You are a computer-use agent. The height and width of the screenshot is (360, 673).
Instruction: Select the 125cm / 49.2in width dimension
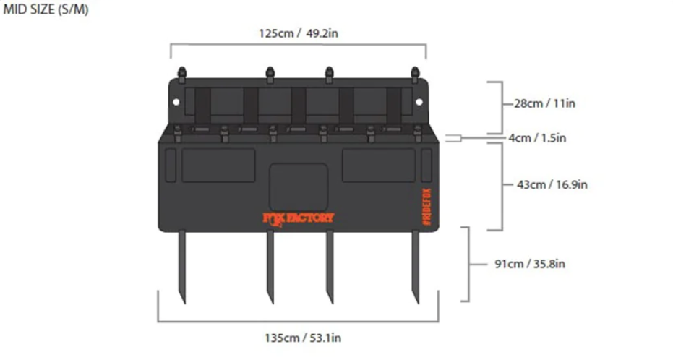298,33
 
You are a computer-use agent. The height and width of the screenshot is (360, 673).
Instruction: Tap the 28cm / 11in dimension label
544,103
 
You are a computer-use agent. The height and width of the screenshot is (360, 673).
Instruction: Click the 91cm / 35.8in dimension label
529,264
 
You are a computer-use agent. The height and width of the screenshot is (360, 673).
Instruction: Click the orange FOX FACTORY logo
298,218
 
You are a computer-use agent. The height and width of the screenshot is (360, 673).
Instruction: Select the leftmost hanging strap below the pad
181,266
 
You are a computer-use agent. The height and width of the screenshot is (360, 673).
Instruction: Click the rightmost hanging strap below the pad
416,266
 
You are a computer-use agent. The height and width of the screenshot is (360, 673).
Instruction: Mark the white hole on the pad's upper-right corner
419,102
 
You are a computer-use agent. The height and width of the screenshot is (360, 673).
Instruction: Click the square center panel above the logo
298,185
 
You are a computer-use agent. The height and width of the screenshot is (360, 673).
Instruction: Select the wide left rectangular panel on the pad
218,166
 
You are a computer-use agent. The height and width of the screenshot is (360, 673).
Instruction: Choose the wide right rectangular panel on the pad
378,166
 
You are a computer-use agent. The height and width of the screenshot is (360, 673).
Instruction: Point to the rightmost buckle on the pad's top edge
415,73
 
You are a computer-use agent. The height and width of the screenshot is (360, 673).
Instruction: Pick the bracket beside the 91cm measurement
467,264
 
